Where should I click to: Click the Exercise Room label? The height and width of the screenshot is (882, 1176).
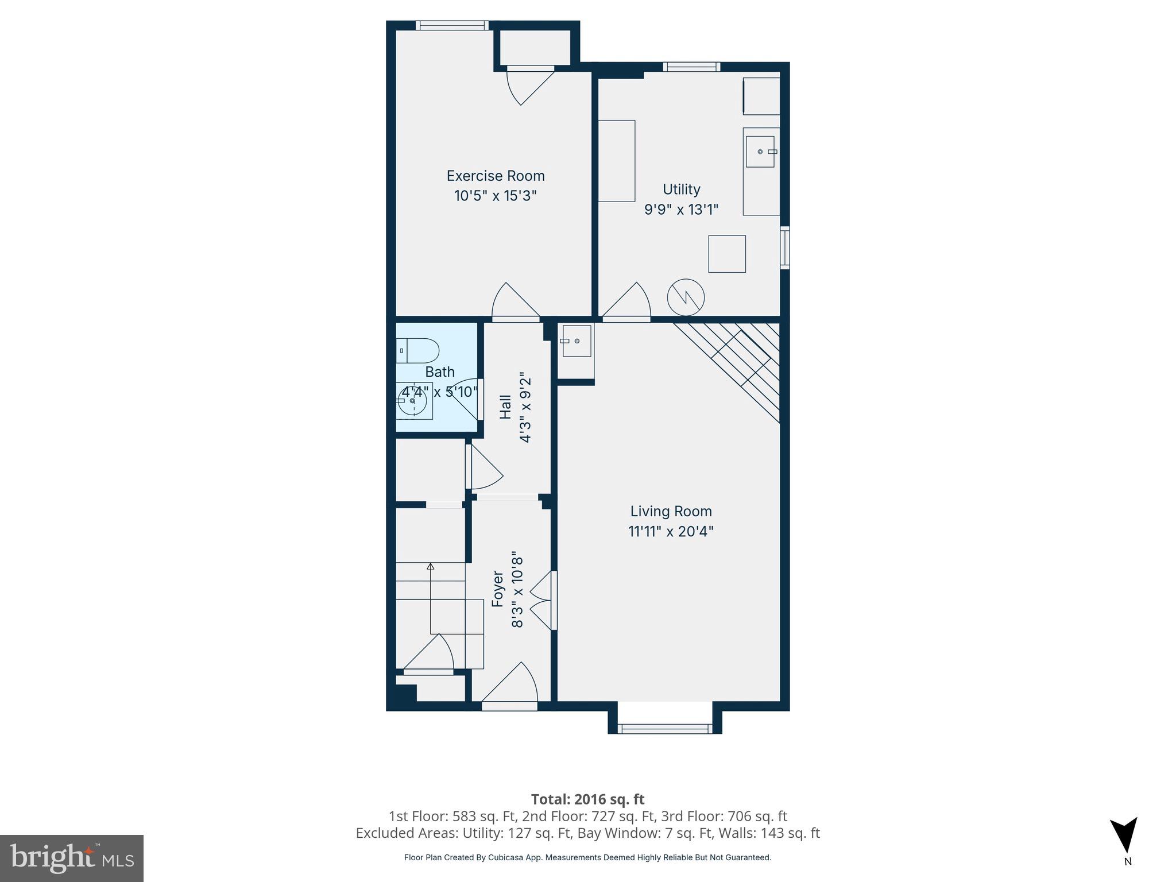pyautogui.click(x=495, y=176)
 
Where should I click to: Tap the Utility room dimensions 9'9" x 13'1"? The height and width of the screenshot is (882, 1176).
pyautogui.click(x=681, y=210)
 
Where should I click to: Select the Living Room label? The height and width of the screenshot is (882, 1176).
pyautogui.click(x=671, y=511)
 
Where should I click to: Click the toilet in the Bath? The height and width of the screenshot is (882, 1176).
pyautogui.click(x=419, y=350)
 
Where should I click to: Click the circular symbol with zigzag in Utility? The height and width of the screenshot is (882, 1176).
pyautogui.click(x=685, y=297)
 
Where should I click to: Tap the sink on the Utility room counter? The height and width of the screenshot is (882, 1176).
pyautogui.click(x=760, y=152)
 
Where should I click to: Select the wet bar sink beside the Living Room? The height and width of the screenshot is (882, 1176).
pyautogui.click(x=576, y=341)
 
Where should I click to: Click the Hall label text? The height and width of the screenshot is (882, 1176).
pyautogui.click(x=505, y=407)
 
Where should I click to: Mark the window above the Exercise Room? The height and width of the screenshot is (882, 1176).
pyautogui.click(x=452, y=25)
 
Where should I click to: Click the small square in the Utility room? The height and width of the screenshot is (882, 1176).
pyautogui.click(x=726, y=254)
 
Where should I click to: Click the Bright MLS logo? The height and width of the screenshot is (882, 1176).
pyautogui.click(x=72, y=858)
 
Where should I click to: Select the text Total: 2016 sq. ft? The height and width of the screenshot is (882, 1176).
pyautogui.click(x=587, y=799)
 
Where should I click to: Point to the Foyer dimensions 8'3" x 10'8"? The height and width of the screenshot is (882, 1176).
pyautogui.click(x=517, y=590)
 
